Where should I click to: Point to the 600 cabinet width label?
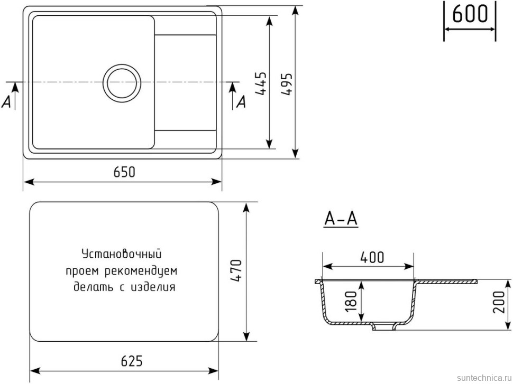tap(470, 14)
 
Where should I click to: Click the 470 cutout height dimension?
tap(236, 270)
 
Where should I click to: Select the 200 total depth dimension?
tap(499, 303)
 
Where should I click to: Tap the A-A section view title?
tap(341, 219)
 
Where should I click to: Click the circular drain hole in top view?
tap(122, 83)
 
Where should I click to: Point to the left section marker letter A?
tap(7, 102)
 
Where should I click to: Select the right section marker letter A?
tap(241, 101)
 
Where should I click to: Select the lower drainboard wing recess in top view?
tap(186, 138)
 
